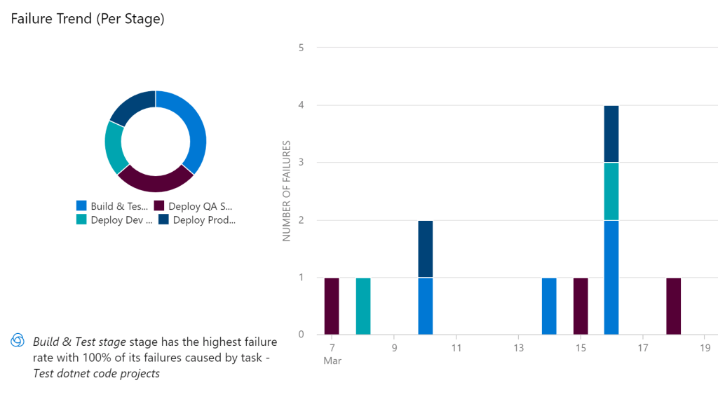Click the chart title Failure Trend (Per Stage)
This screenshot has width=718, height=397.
(88, 19)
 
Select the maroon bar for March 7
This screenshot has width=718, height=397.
(332, 306)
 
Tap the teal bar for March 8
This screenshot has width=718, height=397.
(363, 306)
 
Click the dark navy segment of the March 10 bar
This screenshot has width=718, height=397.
(425, 249)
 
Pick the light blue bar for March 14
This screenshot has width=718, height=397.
(549, 306)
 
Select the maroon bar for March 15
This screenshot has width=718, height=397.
(581, 306)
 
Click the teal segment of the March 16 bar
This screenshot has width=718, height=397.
(611, 191)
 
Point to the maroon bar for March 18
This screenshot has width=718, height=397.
(673, 306)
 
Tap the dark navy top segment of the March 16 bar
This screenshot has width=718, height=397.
(611, 134)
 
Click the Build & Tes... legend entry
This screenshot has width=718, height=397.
(113, 206)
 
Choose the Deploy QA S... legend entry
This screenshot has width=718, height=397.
(193, 206)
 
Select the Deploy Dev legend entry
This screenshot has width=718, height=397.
(114, 220)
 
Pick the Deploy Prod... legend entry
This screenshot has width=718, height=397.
(197, 220)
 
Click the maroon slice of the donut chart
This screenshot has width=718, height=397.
(155, 180)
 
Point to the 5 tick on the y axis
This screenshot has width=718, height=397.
(301, 48)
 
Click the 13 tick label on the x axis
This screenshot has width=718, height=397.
(518, 347)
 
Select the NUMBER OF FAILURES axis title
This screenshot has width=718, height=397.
(286, 191)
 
